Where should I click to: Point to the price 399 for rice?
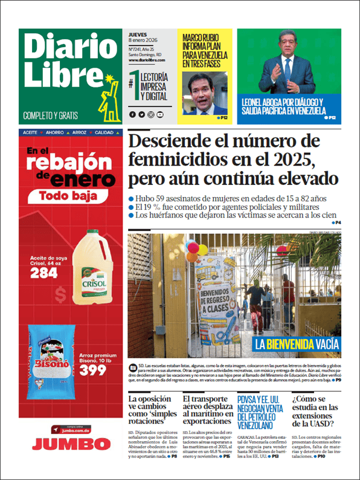coord(93,370)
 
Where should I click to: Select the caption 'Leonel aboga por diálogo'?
coord(283,106)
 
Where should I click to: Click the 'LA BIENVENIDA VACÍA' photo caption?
coord(297,344)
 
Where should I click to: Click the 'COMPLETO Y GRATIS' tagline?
coord(50,115)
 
